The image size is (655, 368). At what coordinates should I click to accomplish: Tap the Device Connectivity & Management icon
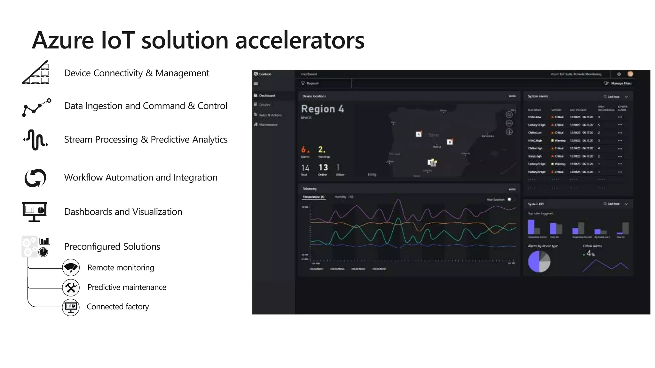pyautogui.click(x=36, y=73)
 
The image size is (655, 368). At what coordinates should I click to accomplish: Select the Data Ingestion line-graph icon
pyautogui.click(x=36, y=107)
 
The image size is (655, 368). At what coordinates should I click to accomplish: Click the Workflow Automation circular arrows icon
pyautogui.click(x=36, y=178)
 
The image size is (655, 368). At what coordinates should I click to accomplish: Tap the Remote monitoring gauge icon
pyautogui.click(x=71, y=267)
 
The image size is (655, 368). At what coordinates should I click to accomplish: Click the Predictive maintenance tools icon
pyautogui.click(x=71, y=287)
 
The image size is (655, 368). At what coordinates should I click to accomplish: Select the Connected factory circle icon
pyautogui.click(x=71, y=307)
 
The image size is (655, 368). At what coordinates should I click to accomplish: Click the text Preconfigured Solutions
pyautogui.click(x=112, y=247)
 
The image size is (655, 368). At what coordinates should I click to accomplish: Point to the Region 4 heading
pyautogui.click(x=322, y=109)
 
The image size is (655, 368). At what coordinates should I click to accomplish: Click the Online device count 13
pyautogui.click(x=323, y=167)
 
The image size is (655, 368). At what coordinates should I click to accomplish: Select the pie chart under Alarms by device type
pyautogui.click(x=539, y=261)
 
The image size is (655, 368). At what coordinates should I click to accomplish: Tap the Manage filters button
pyautogui.click(x=619, y=83)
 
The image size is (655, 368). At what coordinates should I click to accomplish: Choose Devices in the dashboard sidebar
pyautogui.click(x=264, y=105)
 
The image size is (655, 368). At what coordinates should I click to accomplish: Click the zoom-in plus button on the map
pyautogui.click(x=509, y=132)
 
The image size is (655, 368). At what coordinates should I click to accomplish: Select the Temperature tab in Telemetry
pyautogui.click(x=313, y=197)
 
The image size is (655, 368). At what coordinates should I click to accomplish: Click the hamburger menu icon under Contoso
pyautogui.click(x=256, y=84)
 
